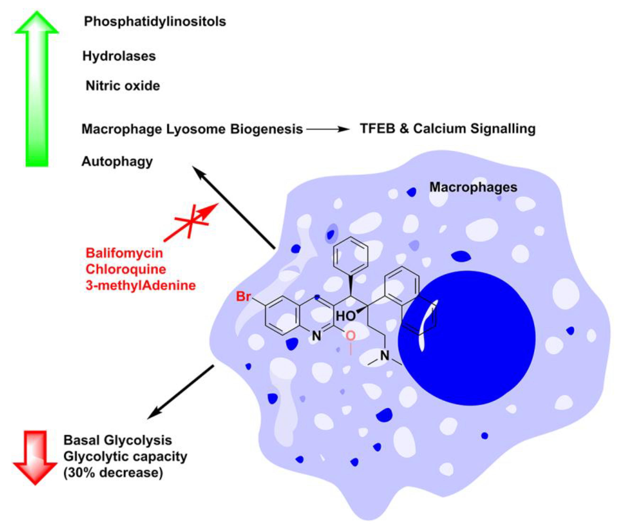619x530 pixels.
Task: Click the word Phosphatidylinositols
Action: (x=155, y=22)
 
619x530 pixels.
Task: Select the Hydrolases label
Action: (x=119, y=56)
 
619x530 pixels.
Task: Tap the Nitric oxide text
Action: (x=123, y=86)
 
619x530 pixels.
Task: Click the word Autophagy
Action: (x=117, y=162)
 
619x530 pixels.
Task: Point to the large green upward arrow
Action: (x=37, y=90)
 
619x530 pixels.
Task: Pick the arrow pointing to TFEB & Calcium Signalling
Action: (x=327, y=129)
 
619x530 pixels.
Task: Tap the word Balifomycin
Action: (x=124, y=253)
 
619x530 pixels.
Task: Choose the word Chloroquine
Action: (x=126, y=269)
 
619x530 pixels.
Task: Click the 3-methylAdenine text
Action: (x=140, y=285)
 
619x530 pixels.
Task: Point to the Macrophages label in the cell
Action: (x=473, y=187)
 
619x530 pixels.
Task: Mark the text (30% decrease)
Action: (x=113, y=473)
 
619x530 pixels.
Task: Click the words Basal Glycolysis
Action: (x=118, y=440)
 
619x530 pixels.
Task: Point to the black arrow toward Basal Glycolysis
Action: (x=181, y=392)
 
